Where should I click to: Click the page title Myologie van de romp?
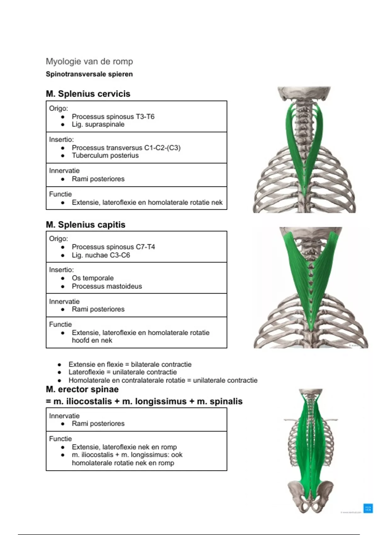coord(89,61)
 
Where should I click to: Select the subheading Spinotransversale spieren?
coord(89,74)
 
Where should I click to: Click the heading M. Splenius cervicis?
coord(88,94)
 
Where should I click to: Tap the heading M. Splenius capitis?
coord(85,225)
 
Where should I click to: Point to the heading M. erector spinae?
coord(82,389)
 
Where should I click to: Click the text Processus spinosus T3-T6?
coord(113,117)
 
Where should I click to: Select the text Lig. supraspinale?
coord(98,124)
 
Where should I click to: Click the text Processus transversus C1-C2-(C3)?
coord(126,148)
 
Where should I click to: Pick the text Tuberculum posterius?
coord(105,155)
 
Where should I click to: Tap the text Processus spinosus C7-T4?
coord(113,247)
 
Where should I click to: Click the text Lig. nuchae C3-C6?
coord(100,255)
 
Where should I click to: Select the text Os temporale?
coord(93,278)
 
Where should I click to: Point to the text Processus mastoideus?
coord(106,286)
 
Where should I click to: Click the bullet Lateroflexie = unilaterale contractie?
coord(122,372)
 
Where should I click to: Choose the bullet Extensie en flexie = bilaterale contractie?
coord(130,364)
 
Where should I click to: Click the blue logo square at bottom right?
coord(368,508)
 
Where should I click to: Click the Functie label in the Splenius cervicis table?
coord(60,194)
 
